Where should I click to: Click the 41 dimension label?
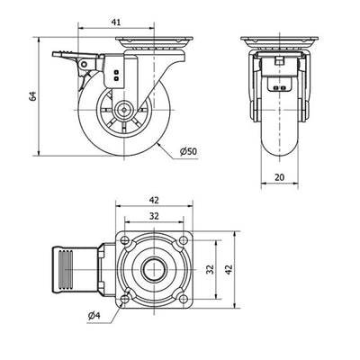point(116,22)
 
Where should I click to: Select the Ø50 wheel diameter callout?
point(188,151)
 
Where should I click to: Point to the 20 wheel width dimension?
point(279,177)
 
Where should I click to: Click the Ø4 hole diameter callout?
point(94,315)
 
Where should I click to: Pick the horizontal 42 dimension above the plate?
point(154,200)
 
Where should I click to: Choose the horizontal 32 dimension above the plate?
point(154,216)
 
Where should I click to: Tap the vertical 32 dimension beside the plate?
point(211,269)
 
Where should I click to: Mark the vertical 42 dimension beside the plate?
point(229,269)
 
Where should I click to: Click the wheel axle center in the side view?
point(124,110)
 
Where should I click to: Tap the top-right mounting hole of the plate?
point(183,239)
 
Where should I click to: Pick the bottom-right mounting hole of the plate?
point(183,299)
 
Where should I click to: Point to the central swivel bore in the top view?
point(154,269)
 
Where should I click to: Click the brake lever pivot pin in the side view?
point(84,64)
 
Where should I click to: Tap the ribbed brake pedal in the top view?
point(75,269)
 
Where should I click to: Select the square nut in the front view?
point(279,61)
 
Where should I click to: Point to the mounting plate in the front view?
point(279,39)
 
